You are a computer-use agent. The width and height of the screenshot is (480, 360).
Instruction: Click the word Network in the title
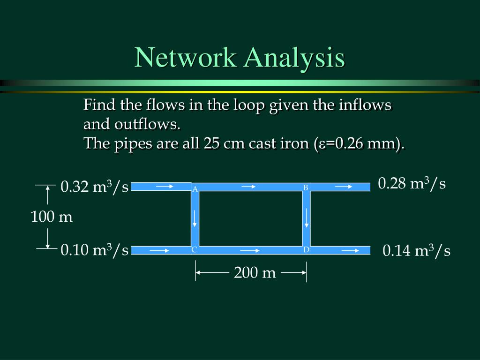click(187, 58)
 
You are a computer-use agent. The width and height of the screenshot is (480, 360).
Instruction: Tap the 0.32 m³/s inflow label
click(94, 187)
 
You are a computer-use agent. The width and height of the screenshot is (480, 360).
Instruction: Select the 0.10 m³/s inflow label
click(94, 250)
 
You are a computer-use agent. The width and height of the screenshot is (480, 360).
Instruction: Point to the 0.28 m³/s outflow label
click(412, 183)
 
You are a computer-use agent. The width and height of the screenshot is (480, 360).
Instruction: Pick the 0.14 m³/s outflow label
click(416, 251)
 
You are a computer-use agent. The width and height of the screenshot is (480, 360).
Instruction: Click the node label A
click(195, 189)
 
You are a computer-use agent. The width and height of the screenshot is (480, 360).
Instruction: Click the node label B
click(305, 187)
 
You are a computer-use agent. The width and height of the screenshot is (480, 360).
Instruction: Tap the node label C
click(194, 250)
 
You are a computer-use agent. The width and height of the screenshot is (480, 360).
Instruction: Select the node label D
click(306, 250)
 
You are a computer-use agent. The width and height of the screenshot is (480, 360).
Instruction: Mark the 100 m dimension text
click(52, 217)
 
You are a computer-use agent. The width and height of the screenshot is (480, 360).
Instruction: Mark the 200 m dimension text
click(255, 272)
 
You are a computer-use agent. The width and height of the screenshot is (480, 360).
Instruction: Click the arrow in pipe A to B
click(248, 187)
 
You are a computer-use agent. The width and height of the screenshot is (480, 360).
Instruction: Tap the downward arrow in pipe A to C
click(195, 218)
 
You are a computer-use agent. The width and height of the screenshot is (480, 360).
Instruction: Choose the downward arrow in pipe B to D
click(307, 217)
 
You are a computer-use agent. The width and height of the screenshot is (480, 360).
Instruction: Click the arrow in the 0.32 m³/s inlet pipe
click(165, 187)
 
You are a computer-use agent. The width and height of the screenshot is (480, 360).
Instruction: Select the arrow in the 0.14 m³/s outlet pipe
click(350, 250)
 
